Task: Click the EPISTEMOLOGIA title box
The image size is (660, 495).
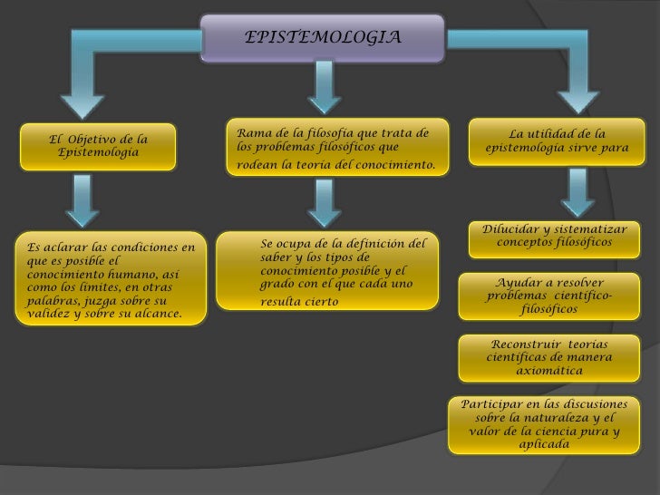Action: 322,38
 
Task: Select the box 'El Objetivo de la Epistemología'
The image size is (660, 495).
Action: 99,146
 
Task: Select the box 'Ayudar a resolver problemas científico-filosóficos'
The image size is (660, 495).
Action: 548,296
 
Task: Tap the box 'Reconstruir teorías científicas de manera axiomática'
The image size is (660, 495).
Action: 548,357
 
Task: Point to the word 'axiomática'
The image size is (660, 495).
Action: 548,371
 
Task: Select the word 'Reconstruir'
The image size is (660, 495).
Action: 522,344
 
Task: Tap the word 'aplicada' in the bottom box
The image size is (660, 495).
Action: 545,445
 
